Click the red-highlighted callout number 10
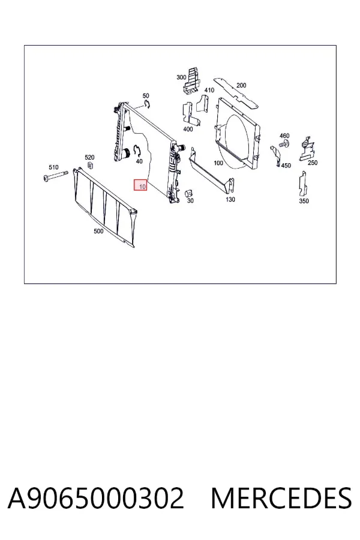pos(140,185)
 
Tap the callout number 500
pos(98,231)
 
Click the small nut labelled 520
pos(91,166)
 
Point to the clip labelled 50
pos(147,104)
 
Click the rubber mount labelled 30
pos(189,193)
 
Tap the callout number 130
pos(230,199)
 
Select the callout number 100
pos(218,163)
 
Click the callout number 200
pos(241,85)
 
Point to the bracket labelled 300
pos(191,81)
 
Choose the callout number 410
pos(209,90)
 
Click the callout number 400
pos(188,129)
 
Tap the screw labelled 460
pos(284,144)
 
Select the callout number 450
pos(286,166)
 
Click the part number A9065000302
pos(96,498)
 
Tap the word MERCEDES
pos(281,498)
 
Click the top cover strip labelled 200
pos(236,93)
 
